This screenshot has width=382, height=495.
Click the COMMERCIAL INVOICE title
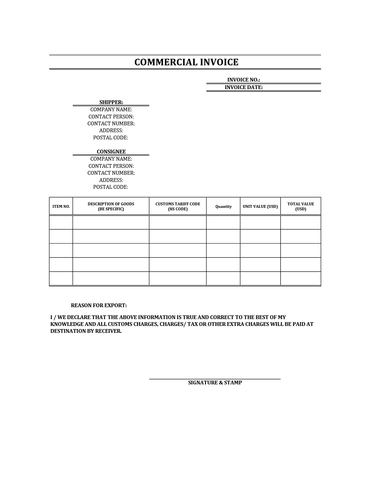[x=186, y=62]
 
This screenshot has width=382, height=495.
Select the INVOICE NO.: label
[x=243, y=80]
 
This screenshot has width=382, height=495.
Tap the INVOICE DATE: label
[x=243, y=87]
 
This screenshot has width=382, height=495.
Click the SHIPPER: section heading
[x=111, y=102]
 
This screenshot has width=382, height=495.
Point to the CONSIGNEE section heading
[x=111, y=152]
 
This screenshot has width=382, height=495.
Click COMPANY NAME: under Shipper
[x=111, y=109]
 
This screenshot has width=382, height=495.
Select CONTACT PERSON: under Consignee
[x=111, y=166]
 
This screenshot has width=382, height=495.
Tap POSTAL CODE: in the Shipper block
[x=110, y=137]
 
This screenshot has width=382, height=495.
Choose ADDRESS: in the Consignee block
[x=111, y=180]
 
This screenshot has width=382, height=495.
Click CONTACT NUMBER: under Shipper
[x=111, y=123]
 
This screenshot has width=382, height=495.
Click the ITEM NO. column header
[x=61, y=207]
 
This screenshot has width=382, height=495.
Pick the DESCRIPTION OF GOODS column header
[x=111, y=206]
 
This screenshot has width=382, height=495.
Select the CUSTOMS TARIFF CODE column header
[x=178, y=206]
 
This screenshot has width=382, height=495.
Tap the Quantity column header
[x=223, y=207]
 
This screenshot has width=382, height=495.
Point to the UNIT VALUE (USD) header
[x=260, y=207]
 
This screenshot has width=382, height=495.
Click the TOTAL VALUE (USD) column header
[x=301, y=206]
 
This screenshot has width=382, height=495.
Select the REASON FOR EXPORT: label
[x=99, y=305]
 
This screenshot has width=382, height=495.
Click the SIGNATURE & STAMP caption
[x=215, y=382]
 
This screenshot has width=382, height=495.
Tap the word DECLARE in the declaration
[x=78, y=317]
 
